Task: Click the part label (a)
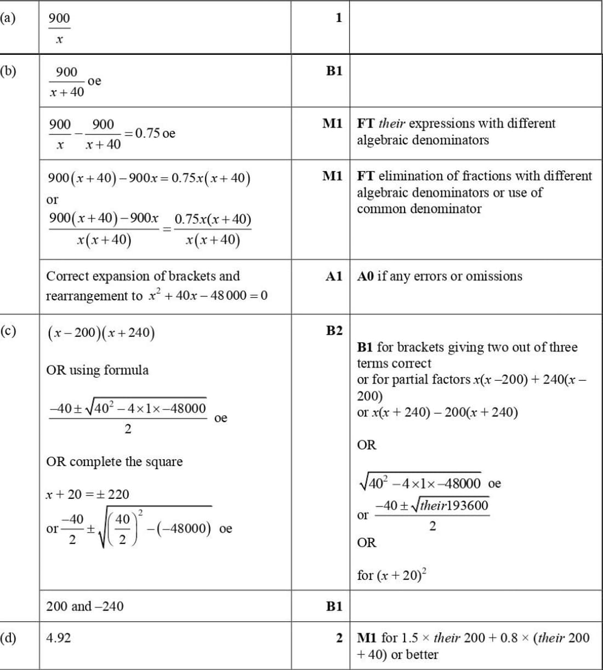point(8,18)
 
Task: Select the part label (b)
point(8,71)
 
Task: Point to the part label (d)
point(8,638)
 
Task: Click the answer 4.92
point(58,638)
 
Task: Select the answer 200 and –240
point(84,606)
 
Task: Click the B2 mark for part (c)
point(334,330)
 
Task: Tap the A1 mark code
point(334,276)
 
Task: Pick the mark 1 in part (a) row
point(339,18)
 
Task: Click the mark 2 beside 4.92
point(339,638)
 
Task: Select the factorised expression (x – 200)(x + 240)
point(101,333)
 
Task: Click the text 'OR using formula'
point(97,370)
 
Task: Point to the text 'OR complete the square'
point(114,461)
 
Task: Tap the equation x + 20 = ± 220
point(87,494)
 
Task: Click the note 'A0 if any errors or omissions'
point(440,276)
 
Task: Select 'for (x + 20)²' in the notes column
point(392,575)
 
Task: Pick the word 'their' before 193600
point(433,505)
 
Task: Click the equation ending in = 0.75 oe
point(112,134)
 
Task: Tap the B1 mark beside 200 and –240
point(334,606)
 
